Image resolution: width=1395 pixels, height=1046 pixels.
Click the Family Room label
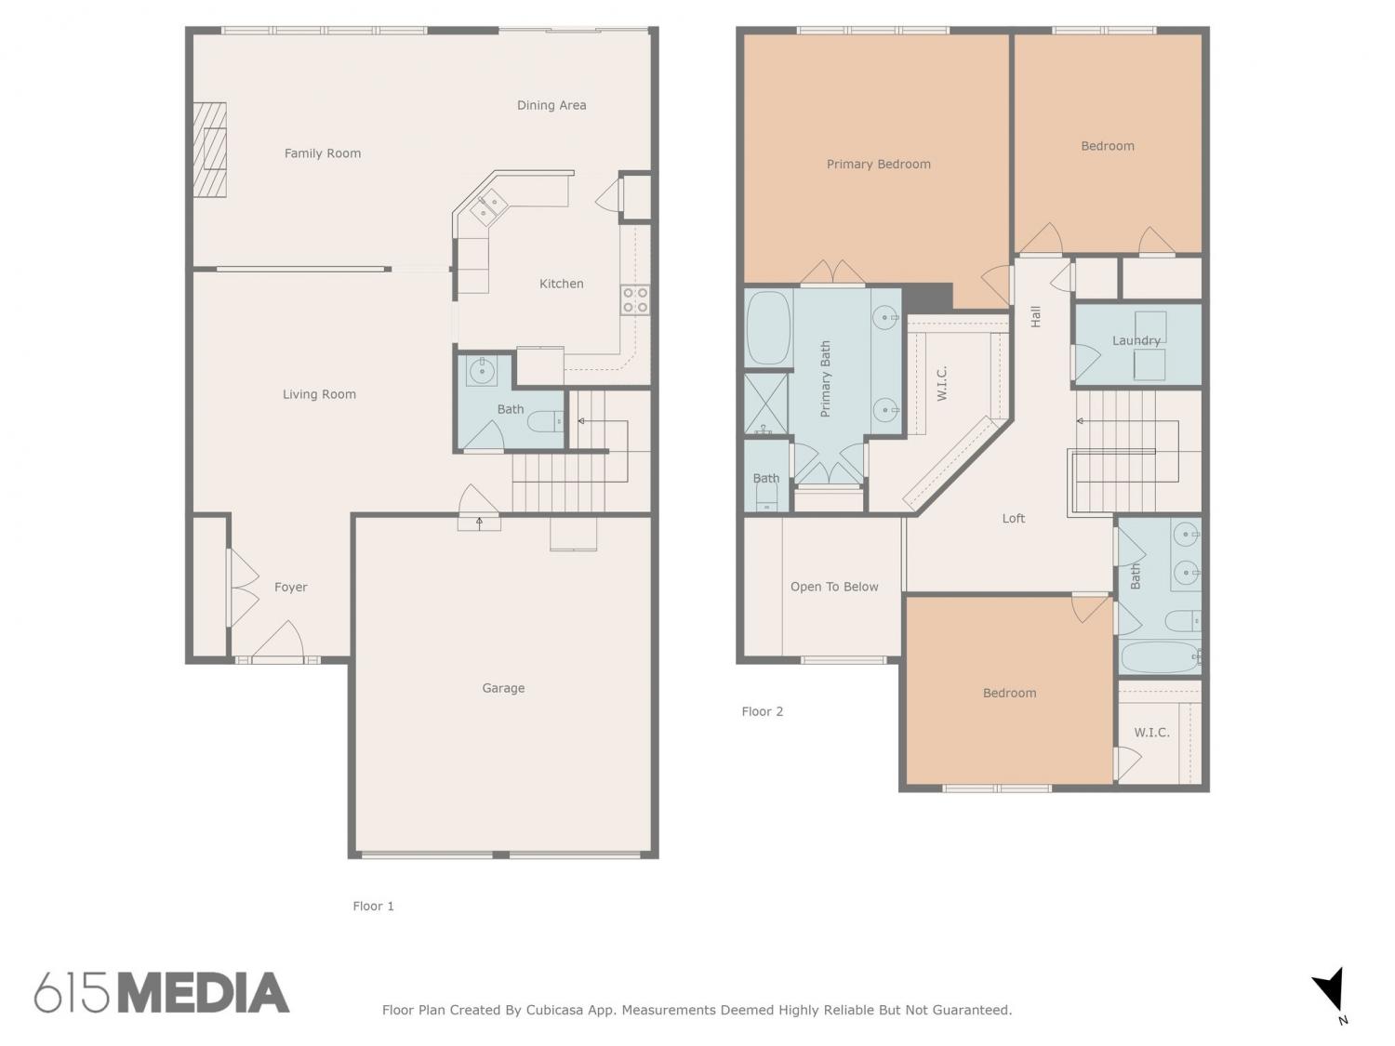tap(322, 153)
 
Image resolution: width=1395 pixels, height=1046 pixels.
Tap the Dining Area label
tap(551, 105)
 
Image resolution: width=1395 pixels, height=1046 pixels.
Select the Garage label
tap(503, 688)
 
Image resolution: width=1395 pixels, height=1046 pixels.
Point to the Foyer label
tap(290, 588)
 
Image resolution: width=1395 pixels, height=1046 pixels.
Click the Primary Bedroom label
tap(878, 165)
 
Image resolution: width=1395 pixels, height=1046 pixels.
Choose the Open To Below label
tap(834, 587)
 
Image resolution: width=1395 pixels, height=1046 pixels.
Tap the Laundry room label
tap(1136, 341)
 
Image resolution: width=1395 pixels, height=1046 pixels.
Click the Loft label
tap(1013, 518)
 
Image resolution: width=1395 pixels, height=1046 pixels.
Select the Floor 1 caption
tap(373, 906)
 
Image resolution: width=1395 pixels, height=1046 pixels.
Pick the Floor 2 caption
tap(762, 711)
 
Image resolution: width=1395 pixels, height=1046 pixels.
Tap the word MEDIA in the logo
tap(205, 992)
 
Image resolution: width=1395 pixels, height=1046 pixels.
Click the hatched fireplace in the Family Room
tap(210, 150)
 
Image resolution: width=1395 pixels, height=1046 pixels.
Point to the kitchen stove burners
tap(635, 299)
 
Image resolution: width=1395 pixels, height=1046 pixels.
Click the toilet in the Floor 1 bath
tap(545, 420)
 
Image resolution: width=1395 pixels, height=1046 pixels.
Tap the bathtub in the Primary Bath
tap(768, 328)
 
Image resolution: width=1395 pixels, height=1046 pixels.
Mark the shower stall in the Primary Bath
tap(765, 404)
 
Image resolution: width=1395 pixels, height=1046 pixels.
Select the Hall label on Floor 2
tap(1035, 316)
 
